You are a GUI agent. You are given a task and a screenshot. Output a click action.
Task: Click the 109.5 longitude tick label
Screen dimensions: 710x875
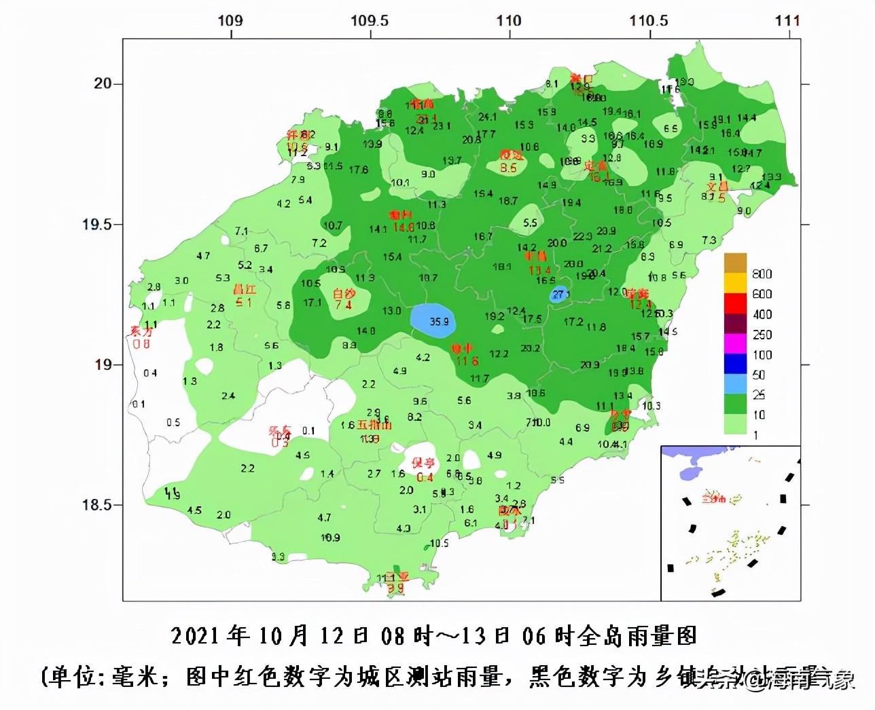370,20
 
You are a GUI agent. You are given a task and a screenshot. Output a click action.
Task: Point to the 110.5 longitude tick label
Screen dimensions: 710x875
648,20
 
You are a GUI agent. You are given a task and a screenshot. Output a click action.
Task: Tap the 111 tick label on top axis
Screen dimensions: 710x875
787,20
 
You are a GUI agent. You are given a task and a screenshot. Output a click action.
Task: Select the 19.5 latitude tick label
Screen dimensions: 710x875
98,225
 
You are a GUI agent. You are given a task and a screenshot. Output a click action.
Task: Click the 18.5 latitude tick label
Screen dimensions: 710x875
98,505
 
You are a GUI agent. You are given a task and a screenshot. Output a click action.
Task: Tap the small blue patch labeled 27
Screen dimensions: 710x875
558,295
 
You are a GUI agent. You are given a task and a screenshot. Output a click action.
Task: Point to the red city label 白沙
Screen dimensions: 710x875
344,294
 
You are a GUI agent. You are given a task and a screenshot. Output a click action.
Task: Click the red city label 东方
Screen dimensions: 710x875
141,331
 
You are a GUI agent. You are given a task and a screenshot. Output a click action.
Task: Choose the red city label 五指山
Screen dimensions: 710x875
374,426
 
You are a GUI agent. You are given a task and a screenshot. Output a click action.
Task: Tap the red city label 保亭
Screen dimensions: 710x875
423,463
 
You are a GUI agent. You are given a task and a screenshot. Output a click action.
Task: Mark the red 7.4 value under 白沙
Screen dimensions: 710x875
344,305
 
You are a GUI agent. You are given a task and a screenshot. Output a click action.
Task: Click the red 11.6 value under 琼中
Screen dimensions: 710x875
467,361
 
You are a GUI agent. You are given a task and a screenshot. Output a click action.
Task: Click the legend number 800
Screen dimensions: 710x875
762,274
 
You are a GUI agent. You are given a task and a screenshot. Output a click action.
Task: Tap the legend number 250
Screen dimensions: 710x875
762,335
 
